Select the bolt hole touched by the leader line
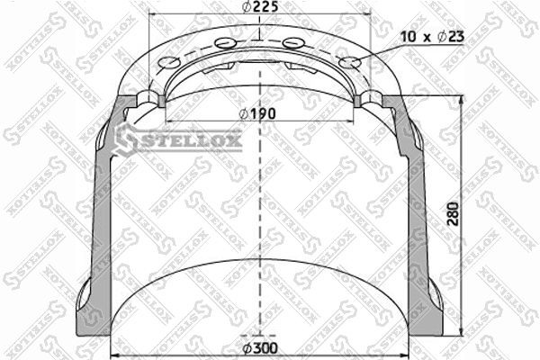[352, 63]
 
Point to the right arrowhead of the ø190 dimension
[354, 122]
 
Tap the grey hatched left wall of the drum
[101, 207]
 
